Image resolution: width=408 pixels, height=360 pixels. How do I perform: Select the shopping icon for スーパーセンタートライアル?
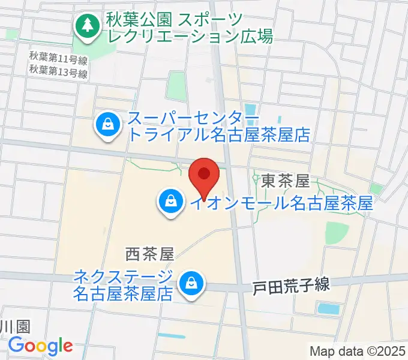click(x=107, y=127)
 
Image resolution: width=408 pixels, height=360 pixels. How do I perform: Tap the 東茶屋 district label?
click(x=285, y=179)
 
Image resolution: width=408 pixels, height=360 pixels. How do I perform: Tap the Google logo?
click(x=40, y=346)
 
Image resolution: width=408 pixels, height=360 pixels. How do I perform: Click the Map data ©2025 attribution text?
click(x=358, y=351)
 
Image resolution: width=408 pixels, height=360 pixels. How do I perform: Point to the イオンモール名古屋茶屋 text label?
click(x=281, y=203)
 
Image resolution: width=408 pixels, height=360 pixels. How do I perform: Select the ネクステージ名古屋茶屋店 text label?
click(x=124, y=285)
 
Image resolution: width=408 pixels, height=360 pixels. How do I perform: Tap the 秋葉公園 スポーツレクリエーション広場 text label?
click(x=190, y=28)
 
